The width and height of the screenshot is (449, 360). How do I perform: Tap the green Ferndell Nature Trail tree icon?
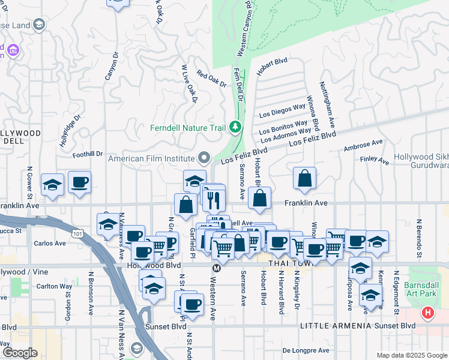point(236,127)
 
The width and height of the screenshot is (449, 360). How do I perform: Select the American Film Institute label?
point(152,158)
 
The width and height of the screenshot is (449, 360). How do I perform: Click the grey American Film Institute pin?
point(205,158)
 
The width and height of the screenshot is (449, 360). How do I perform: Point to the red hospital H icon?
point(427,313)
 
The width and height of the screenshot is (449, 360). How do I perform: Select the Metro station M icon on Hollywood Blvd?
point(217,268)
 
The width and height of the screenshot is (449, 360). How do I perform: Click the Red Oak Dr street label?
point(211,80)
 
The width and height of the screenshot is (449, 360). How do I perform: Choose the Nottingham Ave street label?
point(327,105)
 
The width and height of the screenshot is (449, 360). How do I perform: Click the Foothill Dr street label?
point(88,154)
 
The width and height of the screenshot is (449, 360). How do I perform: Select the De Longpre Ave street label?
point(306,350)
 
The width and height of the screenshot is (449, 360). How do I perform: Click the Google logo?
point(19,353)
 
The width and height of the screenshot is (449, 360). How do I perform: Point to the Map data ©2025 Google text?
point(411,355)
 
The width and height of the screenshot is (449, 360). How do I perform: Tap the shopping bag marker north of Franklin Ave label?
point(305,178)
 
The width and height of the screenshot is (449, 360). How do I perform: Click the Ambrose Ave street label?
point(363,146)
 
